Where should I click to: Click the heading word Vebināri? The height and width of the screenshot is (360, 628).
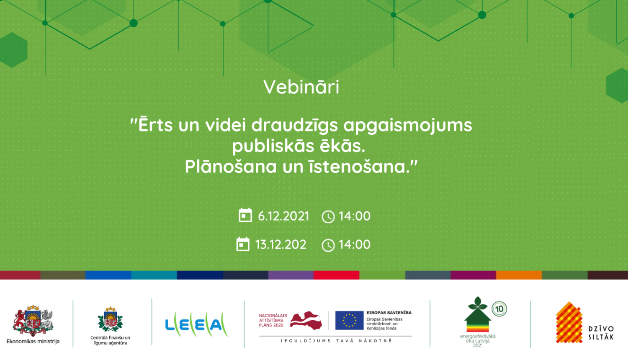(301, 87)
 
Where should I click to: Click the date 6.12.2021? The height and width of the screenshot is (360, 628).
(283, 216)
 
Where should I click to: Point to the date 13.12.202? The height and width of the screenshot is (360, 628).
(281, 244)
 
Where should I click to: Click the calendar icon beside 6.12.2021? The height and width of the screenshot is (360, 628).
(245, 215)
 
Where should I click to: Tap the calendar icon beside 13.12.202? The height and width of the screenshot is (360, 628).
(243, 244)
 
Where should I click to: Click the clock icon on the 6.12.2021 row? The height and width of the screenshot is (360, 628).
(328, 217)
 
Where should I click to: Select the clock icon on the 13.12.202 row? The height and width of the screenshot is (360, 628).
(328, 245)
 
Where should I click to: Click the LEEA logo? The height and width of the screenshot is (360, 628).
(196, 324)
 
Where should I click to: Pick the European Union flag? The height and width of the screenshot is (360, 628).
(349, 320)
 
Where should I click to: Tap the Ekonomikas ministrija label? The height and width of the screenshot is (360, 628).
(33, 342)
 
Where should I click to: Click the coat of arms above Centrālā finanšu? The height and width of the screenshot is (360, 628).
(110, 319)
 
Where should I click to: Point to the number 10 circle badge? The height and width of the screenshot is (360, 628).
(499, 309)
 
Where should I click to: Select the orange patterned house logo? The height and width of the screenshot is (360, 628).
(569, 322)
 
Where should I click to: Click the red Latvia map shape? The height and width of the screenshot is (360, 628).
(306, 320)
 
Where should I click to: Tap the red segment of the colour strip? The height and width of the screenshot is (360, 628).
(337, 275)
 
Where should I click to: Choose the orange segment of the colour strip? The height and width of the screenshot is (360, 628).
(519, 275)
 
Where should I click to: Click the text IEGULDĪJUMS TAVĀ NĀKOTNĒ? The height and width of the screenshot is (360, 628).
(336, 341)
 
